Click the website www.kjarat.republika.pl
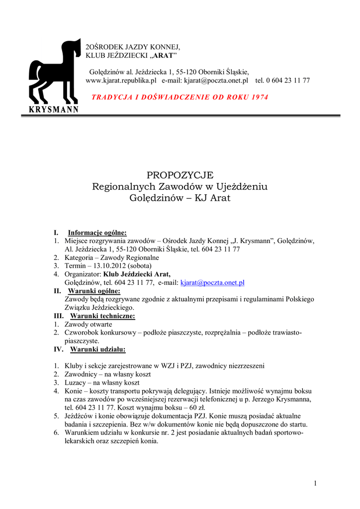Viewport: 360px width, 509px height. pos(121,80)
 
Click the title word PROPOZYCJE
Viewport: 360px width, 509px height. pos(180,175)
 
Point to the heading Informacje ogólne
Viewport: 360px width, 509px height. pos(97,232)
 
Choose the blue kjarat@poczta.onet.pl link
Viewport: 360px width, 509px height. pos(212,283)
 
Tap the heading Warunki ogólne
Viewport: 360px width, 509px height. pos(94,291)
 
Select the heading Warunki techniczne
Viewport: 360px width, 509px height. pos(102,316)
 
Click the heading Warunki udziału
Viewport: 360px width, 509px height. pos(97,349)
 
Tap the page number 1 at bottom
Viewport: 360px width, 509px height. pos(315,484)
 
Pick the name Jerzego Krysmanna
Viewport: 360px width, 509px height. pos(279,399)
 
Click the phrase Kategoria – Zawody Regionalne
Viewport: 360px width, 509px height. pos(111,257)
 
